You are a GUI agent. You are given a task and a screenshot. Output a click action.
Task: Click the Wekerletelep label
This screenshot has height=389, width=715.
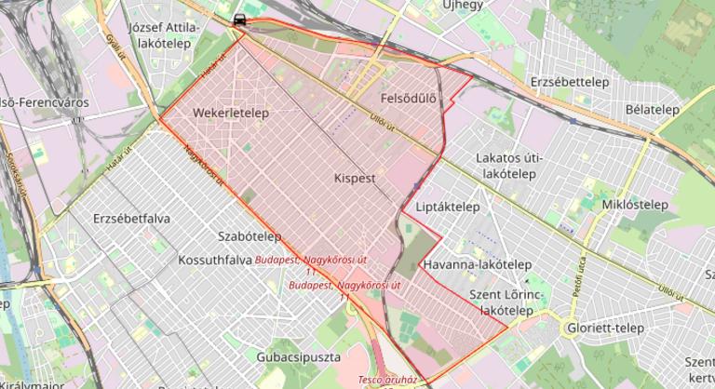point(231,113)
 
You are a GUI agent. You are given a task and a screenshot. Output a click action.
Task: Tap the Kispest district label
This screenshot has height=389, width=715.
point(354,176)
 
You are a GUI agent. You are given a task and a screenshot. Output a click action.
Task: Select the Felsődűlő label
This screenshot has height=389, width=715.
point(409,98)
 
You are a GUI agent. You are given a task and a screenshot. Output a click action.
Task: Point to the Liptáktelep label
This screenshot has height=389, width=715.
point(448,207)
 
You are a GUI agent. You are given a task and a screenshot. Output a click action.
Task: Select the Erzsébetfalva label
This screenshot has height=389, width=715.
point(131,219)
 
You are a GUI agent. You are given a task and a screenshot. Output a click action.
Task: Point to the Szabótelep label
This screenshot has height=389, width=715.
point(249,236)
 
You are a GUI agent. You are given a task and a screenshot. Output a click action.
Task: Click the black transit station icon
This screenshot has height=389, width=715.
point(240,19)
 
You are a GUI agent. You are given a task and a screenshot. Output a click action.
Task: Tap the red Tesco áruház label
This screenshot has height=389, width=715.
point(386,381)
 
